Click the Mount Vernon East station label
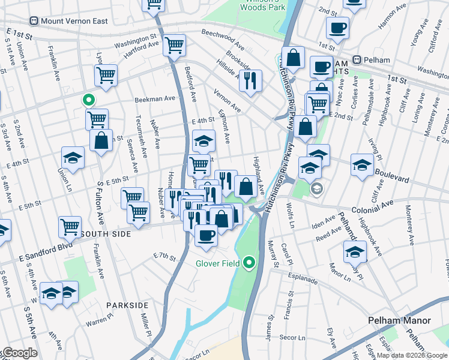click(74, 21)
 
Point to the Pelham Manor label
click(399, 320)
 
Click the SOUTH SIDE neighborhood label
click(106, 233)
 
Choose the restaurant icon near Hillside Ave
click(250, 79)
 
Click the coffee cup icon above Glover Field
click(206, 235)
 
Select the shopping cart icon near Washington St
click(174, 44)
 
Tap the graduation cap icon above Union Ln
click(73, 158)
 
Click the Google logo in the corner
click(19, 353)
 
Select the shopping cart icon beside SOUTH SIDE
click(70, 226)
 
